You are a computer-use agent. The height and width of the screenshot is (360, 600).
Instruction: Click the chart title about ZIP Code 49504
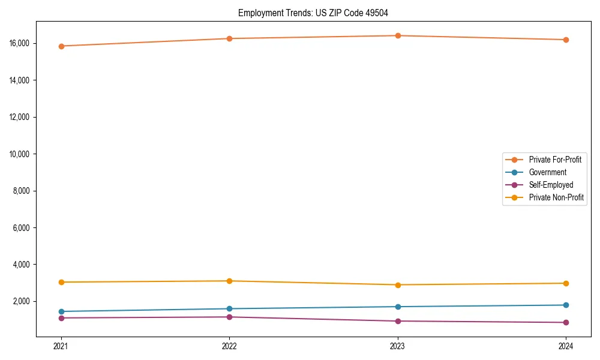317,13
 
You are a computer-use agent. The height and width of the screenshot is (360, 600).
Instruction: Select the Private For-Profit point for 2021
61,46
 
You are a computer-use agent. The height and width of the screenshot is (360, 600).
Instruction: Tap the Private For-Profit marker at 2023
398,35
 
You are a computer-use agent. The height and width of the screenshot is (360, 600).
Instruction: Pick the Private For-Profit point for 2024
566,40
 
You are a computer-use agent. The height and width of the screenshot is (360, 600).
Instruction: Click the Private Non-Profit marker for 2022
229,281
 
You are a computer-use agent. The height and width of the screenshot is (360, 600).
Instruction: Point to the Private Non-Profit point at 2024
566,283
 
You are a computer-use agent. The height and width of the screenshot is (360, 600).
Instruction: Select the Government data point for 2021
61,311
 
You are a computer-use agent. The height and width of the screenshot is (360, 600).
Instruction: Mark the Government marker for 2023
398,307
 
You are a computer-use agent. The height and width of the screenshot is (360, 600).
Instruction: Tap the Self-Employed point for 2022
229,317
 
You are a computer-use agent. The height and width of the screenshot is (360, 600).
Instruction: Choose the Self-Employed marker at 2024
566,322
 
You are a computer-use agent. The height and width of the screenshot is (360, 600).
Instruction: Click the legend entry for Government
547,172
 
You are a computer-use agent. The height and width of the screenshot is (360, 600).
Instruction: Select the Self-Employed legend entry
551,185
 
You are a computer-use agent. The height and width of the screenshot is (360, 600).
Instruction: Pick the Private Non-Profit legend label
556,197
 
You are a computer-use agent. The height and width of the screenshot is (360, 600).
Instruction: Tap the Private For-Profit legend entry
555,160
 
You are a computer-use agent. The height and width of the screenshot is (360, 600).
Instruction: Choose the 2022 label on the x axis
229,346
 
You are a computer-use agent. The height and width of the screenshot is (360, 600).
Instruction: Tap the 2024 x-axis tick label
566,346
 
